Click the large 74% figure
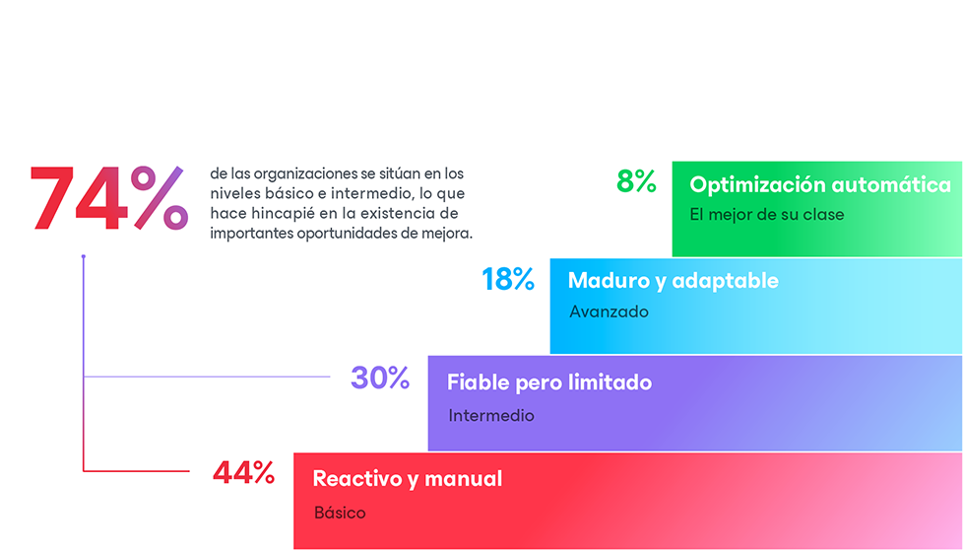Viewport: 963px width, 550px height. tap(108, 199)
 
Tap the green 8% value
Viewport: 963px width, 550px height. tap(636, 182)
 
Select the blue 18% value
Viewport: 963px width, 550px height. tap(508, 280)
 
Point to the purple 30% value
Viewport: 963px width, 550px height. tap(380, 378)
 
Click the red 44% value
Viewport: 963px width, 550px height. tap(243, 474)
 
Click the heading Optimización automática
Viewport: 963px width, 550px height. tap(820, 185)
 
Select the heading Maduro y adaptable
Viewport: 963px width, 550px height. tap(673, 281)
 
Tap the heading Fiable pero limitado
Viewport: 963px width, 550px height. tap(549, 382)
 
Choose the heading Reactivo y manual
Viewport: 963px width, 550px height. tap(408, 479)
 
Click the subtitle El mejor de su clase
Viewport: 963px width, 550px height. tap(767, 215)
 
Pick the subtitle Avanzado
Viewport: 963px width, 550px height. tap(610, 311)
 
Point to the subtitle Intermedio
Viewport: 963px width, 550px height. tap(491, 416)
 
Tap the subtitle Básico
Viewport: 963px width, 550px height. tap(340, 513)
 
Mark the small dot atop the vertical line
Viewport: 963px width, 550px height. tap(84, 257)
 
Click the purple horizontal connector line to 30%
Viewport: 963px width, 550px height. tap(207, 377)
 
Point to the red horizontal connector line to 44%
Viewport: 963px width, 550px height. tap(138, 471)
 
